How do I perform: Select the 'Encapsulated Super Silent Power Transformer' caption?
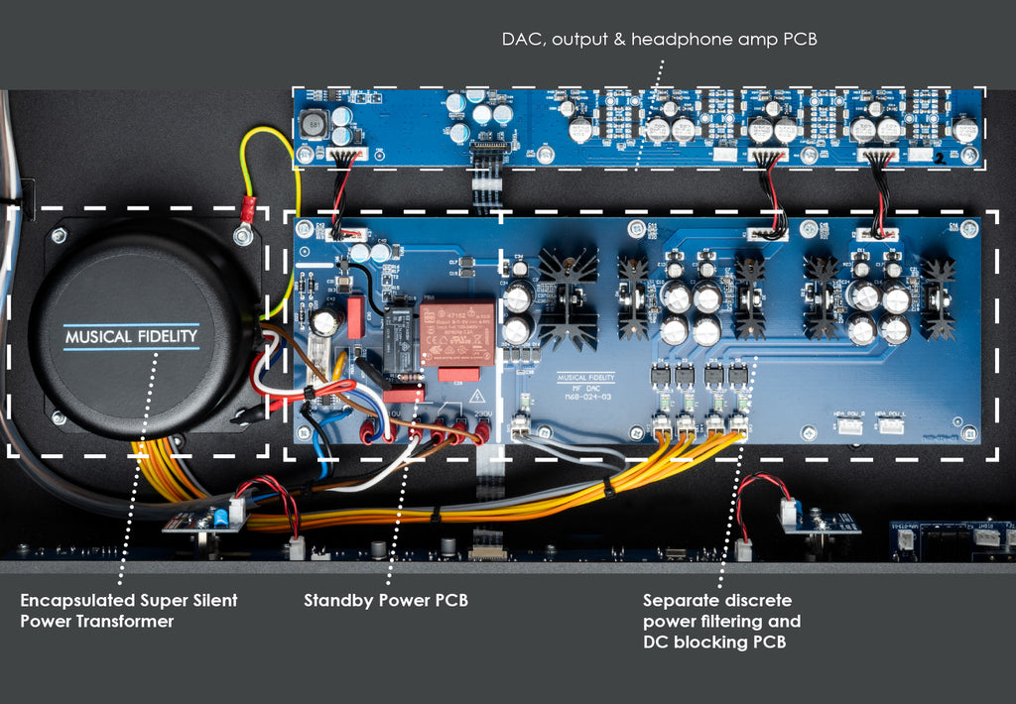[128, 611]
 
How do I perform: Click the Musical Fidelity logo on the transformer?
[131, 336]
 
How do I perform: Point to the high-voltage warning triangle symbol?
[462, 396]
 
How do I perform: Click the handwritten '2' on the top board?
[940, 157]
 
